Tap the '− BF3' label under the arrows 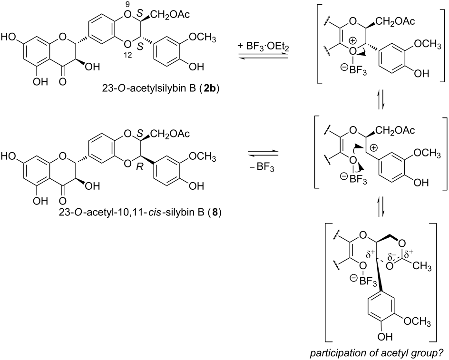click(262, 166)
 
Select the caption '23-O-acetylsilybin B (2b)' click(161, 89)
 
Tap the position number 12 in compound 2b click(127, 55)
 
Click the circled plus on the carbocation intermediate click(374, 147)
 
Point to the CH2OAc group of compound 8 click(171, 133)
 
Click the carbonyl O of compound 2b click(63, 81)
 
